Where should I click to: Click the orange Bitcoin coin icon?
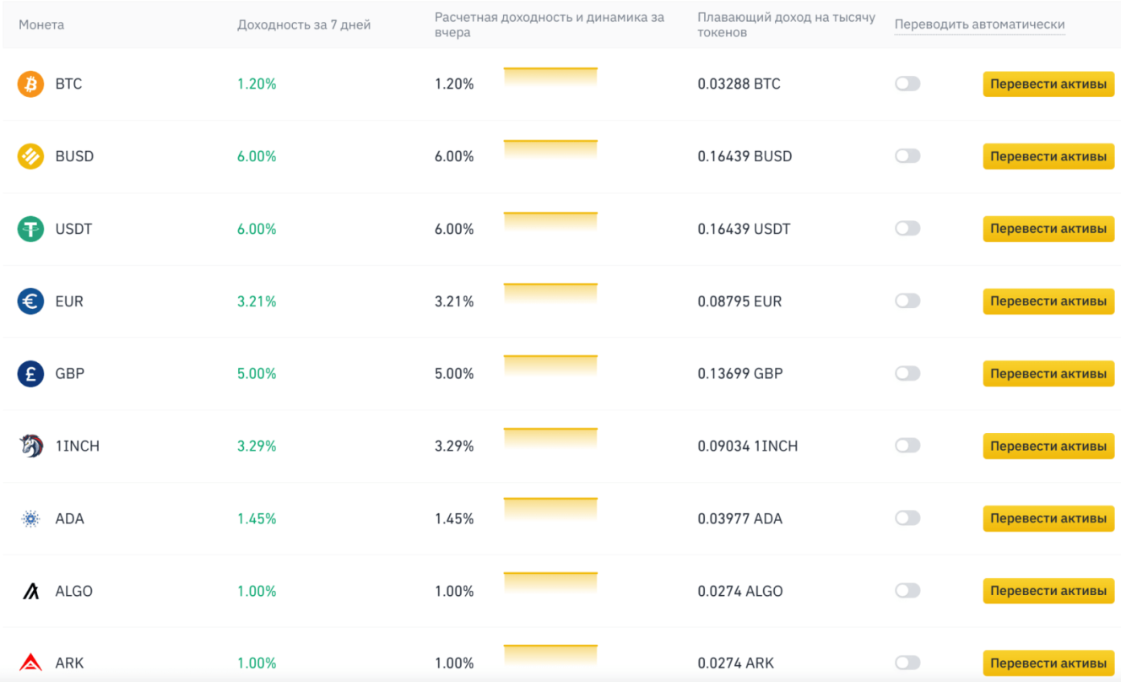[x=30, y=84]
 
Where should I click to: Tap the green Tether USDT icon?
[x=30, y=229]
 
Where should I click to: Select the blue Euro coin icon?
[x=30, y=301]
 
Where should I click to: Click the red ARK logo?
[x=30, y=663]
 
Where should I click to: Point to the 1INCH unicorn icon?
[x=30, y=446]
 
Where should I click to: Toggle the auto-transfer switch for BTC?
[x=907, y=84]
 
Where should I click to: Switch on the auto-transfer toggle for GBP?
[x=907, y=374]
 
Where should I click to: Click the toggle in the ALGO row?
[x=907, y=591]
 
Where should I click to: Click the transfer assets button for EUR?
[x=1048, y=301]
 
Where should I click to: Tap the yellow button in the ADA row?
[x=1048, y=518]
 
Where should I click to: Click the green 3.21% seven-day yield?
[x=257, y=301]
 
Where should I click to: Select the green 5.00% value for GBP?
[x=257, y=374]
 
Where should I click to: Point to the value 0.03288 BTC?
[x=739, y=84]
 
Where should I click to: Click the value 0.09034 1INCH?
[x=747, y=446]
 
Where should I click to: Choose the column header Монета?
[x=41, y=24]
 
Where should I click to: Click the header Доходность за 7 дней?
[x=304, y=24]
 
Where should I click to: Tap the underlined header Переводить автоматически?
[x=979, y=24]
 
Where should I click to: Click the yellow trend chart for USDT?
[x=550, y=222]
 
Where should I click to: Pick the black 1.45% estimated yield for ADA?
[x=454, y=518]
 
